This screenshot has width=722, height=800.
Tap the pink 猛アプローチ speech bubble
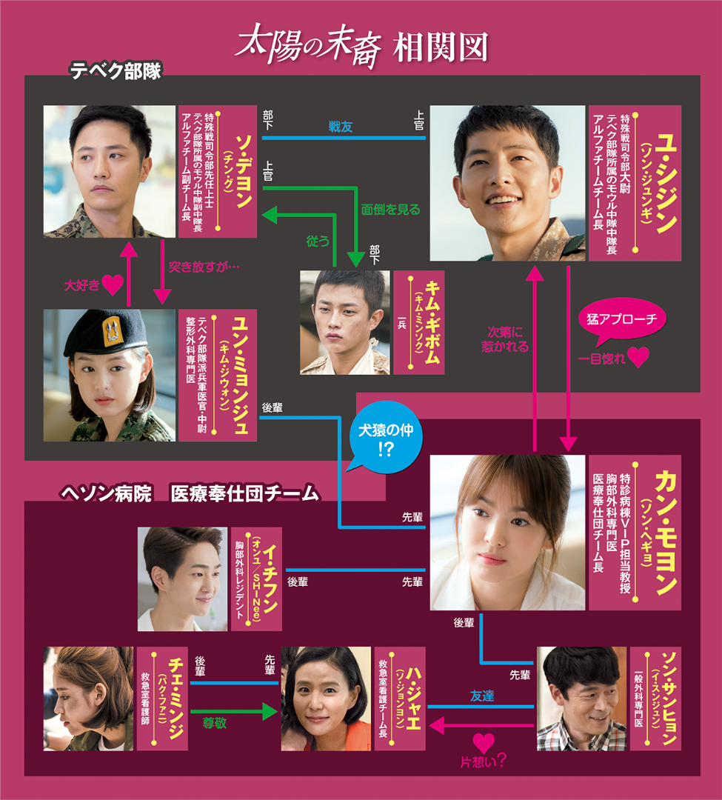[621, 319]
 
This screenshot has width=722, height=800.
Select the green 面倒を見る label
[390, 210]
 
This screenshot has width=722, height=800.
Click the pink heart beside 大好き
[112, 284]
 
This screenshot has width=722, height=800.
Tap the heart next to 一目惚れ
[638, 358]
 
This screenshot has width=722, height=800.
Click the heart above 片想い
[483, 742]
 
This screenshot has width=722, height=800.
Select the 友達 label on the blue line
[483, 696]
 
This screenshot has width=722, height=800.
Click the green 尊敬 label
[215, 723]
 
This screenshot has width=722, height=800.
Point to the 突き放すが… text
[205, 265]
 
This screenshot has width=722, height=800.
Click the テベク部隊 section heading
[115, 71]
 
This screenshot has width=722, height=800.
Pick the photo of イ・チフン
[182, 579]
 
